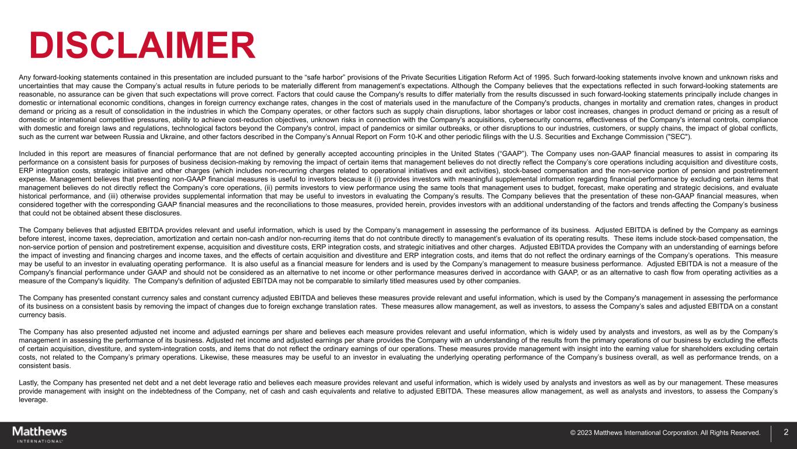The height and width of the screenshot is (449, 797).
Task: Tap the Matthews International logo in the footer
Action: point(40,434)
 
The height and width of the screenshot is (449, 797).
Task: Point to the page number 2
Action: point(786,433)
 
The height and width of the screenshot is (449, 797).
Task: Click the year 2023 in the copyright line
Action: point(586,433)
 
